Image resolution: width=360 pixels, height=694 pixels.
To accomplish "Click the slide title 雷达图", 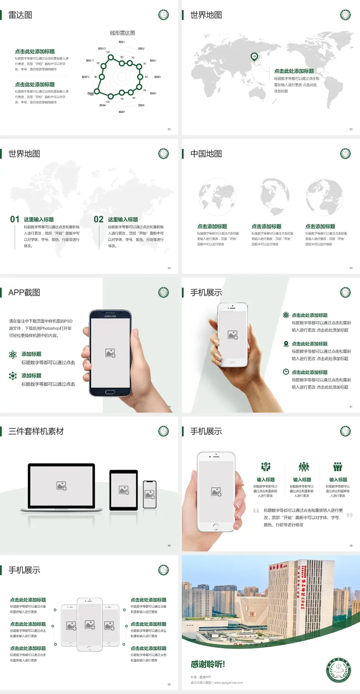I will (20, 15).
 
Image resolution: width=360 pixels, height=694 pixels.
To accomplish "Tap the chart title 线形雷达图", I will (122, 33).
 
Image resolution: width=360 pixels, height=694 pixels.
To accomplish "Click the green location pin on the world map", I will (254, 57).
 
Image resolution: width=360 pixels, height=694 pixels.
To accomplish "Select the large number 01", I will (15, 219).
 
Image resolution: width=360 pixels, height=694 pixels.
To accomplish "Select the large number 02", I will (99, 219).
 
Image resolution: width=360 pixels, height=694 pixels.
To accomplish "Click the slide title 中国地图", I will (206, 154).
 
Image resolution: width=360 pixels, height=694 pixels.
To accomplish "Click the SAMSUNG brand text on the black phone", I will (110, 316).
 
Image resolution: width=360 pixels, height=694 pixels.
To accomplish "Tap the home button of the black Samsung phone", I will (110, 392).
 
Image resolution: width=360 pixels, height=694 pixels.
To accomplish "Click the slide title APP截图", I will (24, 293).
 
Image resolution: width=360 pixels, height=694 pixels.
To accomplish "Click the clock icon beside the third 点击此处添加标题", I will (286, 372).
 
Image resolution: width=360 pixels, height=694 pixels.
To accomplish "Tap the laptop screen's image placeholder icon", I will (61, 486).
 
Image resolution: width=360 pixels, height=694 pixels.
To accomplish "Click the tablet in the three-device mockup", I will (124, 490).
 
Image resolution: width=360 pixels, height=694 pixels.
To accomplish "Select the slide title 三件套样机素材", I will (36, 431).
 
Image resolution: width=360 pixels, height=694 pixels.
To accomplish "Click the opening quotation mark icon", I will (256, 510).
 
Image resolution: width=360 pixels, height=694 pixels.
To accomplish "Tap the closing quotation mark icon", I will (349, 515).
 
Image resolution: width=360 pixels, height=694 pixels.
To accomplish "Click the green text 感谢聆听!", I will (207, 664).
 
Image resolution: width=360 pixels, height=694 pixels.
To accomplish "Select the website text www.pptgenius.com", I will (228, 683).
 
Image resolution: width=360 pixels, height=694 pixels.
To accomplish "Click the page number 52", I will (169, 129).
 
